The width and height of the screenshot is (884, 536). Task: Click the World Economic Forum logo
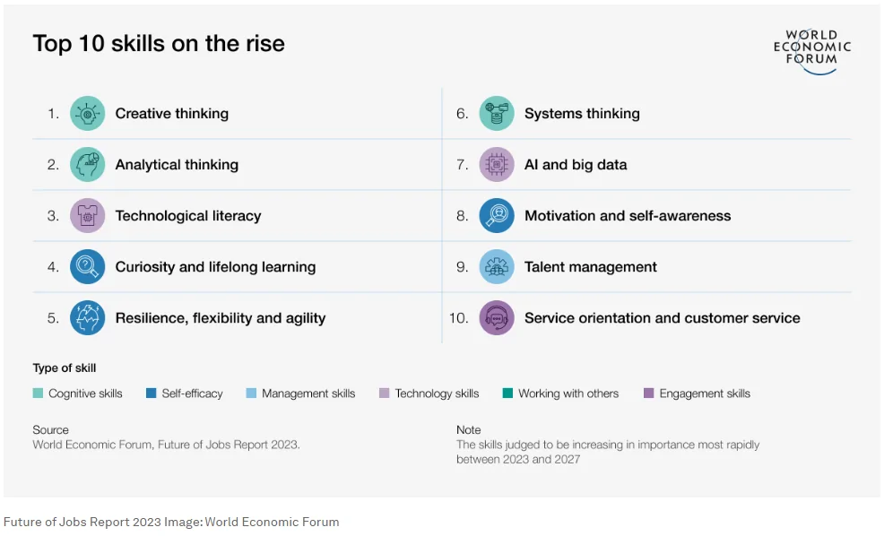811,49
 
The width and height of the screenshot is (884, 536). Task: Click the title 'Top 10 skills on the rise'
159,44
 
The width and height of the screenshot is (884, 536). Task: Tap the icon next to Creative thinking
87,114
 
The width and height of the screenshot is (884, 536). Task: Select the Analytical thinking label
177,165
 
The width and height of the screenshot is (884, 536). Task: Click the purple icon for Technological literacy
87,216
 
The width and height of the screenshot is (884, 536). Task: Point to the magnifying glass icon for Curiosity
87,267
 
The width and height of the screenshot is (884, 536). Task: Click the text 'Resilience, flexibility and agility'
220,318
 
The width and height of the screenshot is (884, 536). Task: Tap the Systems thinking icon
496,114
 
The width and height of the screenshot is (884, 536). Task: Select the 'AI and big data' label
576,165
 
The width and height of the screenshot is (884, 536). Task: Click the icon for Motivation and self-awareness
496,216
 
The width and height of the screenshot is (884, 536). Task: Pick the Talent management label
590,267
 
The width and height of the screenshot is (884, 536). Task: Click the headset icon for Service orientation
496,318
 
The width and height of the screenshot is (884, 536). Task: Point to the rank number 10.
459,318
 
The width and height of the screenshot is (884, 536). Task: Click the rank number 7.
463,165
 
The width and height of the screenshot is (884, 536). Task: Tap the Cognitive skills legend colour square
38,393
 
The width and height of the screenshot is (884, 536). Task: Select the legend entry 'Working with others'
568,393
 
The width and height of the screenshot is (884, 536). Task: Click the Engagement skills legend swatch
649,393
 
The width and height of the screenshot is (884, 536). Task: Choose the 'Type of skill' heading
65,368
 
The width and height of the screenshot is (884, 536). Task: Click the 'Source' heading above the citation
50,430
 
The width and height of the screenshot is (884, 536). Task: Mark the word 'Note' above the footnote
468,430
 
